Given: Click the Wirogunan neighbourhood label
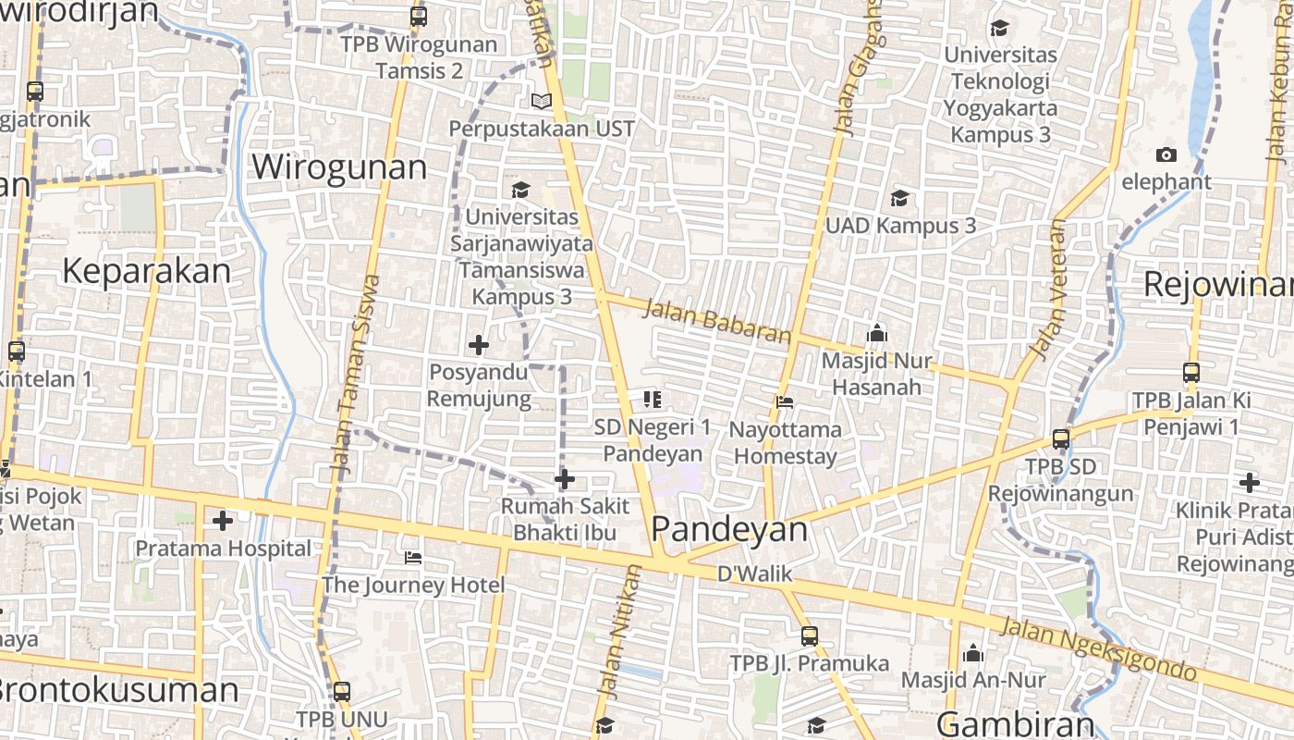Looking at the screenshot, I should click(339, 167).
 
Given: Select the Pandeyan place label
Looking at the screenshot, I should click(729, 529).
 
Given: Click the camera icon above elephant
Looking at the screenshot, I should click(1166, 154).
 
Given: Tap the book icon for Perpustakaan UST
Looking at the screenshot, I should click(542, 101).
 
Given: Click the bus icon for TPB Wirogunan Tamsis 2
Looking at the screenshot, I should click(419, 17).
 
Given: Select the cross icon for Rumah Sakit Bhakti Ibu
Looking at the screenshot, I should click(564, 479).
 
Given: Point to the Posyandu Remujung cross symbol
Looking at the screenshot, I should click(478, 345).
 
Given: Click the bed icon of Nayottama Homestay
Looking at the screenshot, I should click(785, 402).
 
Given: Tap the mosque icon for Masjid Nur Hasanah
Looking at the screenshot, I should click(876, 333).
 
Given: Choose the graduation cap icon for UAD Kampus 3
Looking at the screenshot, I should click(899, 198).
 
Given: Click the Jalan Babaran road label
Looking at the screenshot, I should click(717, 321).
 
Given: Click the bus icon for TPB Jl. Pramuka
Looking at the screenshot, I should click(809, 636).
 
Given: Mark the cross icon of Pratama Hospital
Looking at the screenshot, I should click(222, 521).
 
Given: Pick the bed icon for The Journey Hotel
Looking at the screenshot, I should click(413, 558).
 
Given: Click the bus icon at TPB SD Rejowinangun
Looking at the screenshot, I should click(1061, 439).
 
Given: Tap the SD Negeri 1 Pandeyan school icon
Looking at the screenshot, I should click(653, 400).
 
